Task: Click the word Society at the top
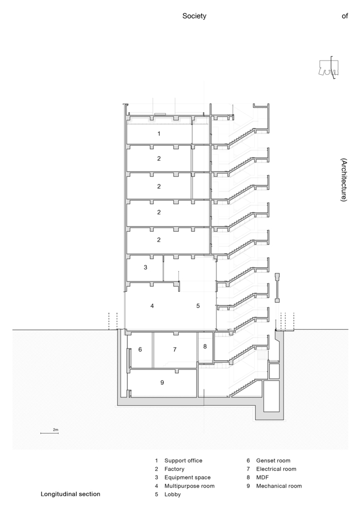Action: (194, 16)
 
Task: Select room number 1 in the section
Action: (159, 133)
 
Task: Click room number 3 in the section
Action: (146, 268)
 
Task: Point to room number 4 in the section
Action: (152, 306)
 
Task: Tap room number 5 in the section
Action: (198, 306)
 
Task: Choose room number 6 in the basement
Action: (140, 349)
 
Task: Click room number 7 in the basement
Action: (175, 349)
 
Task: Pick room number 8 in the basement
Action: (205, 346)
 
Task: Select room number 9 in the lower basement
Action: (162, 382)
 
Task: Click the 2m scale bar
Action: (49, 433)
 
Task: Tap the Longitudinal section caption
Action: (70, 494)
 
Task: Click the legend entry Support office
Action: (183, 461)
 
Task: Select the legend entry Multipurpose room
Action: (189, 486)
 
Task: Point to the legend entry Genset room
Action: (273, 461)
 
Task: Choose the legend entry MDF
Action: (262, 477)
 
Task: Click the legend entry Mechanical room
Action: (279, 486)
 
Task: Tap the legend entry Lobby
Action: (173, 494)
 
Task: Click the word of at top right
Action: (345, 16)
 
